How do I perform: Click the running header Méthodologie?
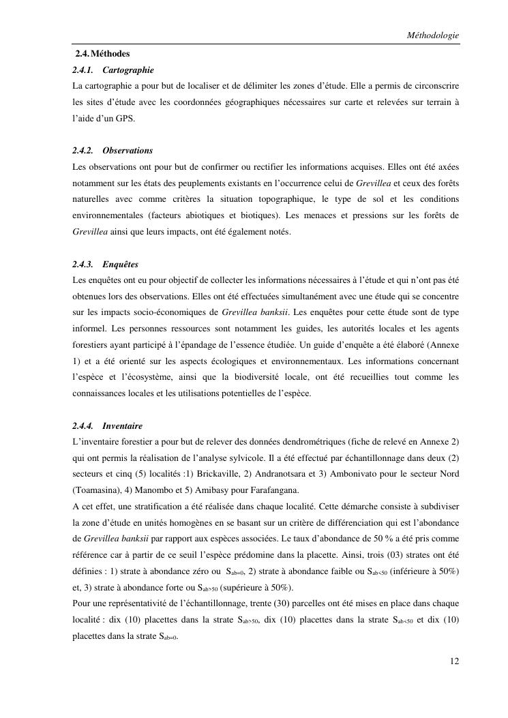(432, 35)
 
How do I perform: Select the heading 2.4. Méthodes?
(102, 53)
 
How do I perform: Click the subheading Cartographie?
(128, 70)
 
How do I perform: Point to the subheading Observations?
(128, 150)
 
